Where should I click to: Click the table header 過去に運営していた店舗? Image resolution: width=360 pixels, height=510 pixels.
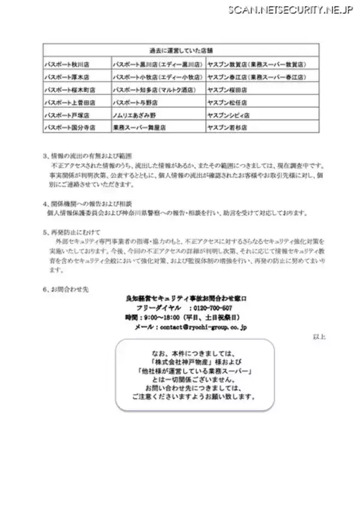point(181,50)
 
